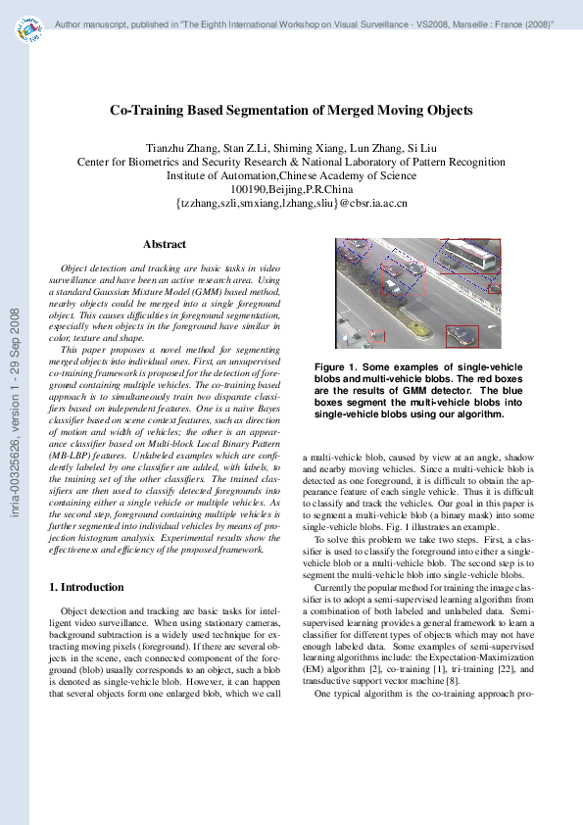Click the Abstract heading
(x=165, y=243)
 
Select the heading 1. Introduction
(x=86, y=587)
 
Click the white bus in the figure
(x=468, y=257)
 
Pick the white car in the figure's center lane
(x=392, y=284)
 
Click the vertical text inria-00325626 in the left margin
(x=15, y=461)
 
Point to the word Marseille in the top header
(x=442, y=22)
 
